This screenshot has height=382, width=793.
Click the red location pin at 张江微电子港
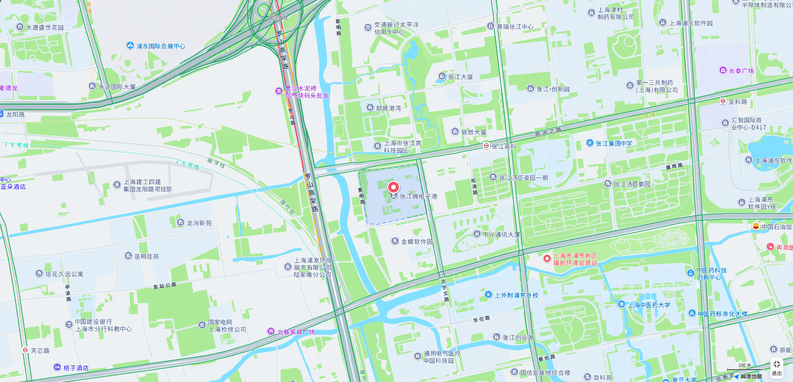(x=394, y=187)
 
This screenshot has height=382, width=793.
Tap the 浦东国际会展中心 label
(x=160, y=46)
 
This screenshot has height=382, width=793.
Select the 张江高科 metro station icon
(x=486, y=146)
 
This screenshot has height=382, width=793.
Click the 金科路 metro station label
(x=737, y=102)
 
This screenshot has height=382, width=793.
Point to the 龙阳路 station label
(x=15, y=114)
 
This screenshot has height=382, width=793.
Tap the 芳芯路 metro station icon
(x=25, y=350)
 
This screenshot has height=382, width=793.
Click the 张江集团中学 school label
(x=613, y=143)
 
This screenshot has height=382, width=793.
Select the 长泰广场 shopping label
(x=741, y=71)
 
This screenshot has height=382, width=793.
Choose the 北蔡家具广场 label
(x=296, y=332)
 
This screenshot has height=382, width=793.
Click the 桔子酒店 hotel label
(x=76, y=368)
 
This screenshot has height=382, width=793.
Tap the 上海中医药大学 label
(x=649, y=305)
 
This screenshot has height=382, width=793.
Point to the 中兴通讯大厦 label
(x=501, y=234)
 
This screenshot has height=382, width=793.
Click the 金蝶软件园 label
(x=416, y=242)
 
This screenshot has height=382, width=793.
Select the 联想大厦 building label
(x=473, y=132)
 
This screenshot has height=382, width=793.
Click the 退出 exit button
(x=776, y=368)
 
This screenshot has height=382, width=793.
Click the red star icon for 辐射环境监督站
(x=547, y=259)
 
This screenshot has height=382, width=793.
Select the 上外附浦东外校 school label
(x=516, y=295)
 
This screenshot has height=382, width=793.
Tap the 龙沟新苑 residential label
(x=199, y=223)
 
